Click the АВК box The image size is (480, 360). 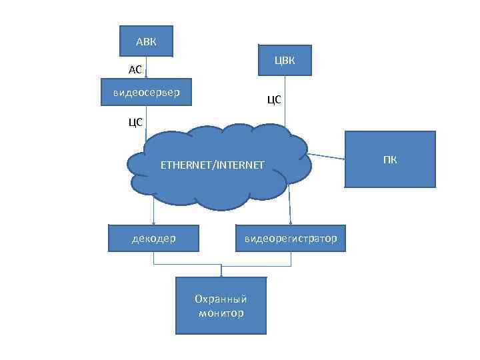pos(145,41)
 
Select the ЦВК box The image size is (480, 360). pos(285,61)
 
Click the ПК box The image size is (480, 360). pos(390,159)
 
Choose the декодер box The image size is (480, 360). pos(153,238)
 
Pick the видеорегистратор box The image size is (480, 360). pos(290,238)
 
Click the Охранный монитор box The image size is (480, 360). pos(221,306)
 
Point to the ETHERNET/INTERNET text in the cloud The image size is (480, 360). pos(212,164)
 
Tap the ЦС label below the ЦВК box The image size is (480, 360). pos(274,100)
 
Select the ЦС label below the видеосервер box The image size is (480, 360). pos(135,121)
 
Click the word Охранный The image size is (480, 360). pos(221,299)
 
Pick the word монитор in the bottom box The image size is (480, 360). pos(221,313)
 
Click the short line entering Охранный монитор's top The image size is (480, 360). pos(221,269)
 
